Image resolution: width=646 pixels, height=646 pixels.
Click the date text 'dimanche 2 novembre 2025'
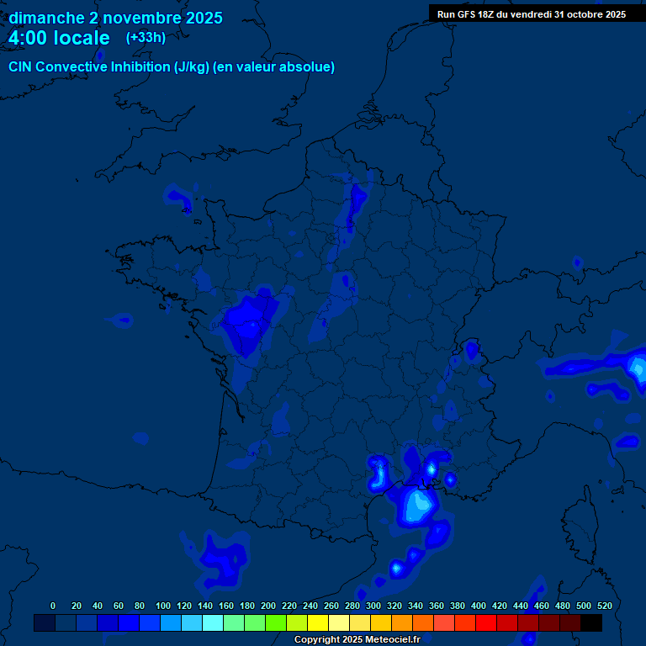point(115,18)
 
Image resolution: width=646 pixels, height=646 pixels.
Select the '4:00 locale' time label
point(59,38)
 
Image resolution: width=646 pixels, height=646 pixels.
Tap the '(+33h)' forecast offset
point(146,37)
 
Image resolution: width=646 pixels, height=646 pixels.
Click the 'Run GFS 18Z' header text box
point(532,13)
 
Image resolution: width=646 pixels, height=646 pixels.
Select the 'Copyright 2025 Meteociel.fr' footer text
point(368,640)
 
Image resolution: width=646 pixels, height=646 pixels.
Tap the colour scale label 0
point(53,606)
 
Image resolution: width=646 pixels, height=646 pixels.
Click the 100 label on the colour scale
point(163,606)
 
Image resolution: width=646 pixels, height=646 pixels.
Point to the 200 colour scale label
point(268,606)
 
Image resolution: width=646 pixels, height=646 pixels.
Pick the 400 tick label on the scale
point(479,606)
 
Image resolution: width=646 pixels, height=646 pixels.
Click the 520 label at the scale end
point(604,606)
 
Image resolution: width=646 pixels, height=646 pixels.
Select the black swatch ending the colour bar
point(591,622)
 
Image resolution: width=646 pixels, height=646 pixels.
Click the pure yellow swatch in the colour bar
point(318,622)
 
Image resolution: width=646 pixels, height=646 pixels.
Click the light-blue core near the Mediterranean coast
point(418,505)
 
